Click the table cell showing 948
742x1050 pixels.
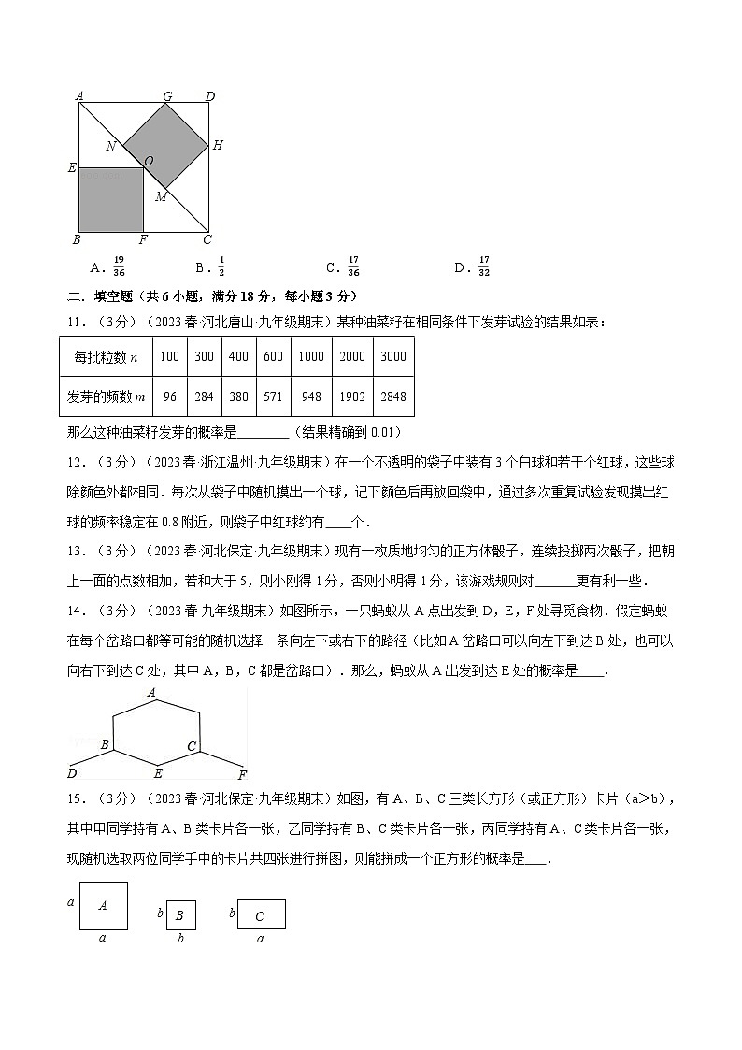coord(311,396)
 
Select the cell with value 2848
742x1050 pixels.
coord(393,396)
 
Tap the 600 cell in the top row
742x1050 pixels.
coord(273,356)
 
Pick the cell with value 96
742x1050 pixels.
coord(169,396)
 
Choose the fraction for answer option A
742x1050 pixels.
coord(119,267)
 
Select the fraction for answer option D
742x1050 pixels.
coord(484,267)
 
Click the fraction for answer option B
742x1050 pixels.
coord(221,267)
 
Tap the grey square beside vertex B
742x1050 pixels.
coord(111,199)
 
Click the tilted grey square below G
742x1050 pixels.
coord(165,145)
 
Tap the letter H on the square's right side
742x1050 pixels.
coord(218,145)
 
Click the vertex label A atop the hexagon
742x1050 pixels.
coord(150,693)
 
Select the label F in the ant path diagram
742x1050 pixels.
coord(242,775)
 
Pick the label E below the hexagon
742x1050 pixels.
coord(158,773)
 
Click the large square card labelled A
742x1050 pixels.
coord(103,905)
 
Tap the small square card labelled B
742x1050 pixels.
coord(180,916)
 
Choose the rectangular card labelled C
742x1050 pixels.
coord(261,915)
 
